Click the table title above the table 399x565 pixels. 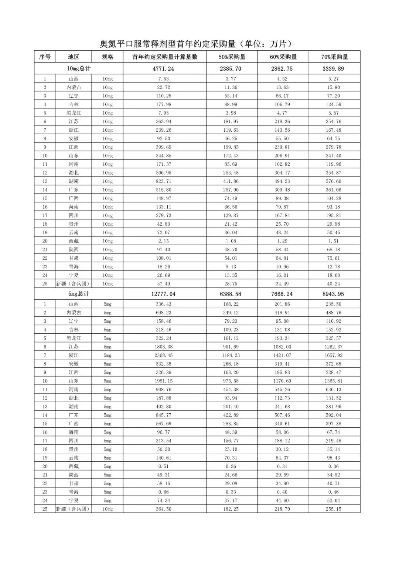pyautogui.click(x=197, y=44)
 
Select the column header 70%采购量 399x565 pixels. pyautogui.click(x=334, y=57)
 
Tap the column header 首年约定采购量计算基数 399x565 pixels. pyautogui.click(x=165, y=57)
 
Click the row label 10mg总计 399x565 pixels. pyautogui.click(x=79, y=68)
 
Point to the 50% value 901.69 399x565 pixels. pyautogui.click(x=231, y=347)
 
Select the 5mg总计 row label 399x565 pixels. pyautogui.click(x=79, y=294)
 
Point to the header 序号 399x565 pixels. pyautogui.click(x=45, y=57)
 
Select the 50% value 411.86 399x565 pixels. pyautogui.click(x=231, y=181)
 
